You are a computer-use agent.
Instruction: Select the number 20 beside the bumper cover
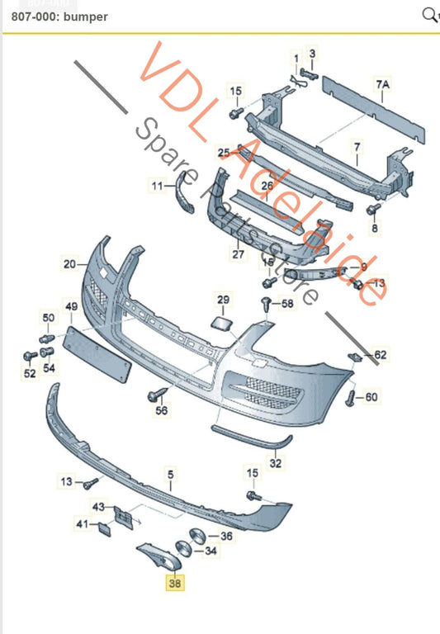point(69,264)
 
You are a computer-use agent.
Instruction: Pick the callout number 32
point(276,463)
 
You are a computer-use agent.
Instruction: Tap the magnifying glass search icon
point(428,14)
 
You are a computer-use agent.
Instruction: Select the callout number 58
point(286,305)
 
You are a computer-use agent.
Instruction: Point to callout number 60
point(371,397)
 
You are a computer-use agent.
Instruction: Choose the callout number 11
point(158,187)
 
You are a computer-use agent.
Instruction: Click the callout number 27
point(238,254)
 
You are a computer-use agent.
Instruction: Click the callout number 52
point(30,374)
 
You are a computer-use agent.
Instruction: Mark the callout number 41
point(82,524)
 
